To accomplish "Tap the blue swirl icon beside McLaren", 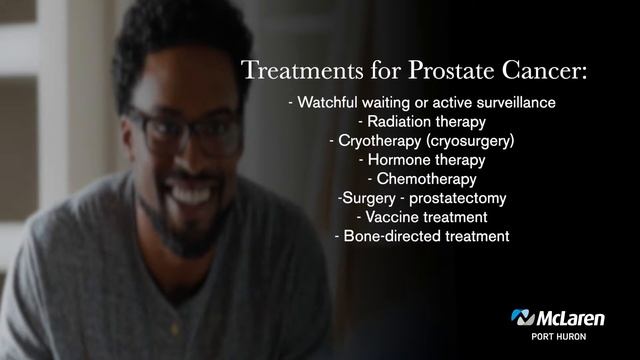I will (523, 318).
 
